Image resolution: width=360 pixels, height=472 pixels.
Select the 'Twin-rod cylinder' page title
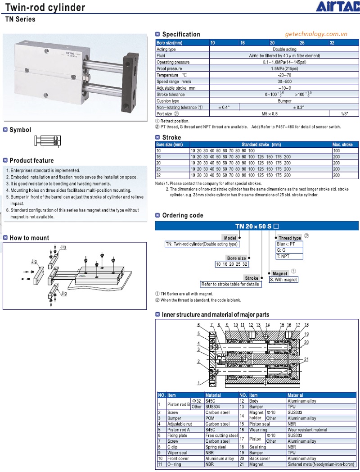[45, 8]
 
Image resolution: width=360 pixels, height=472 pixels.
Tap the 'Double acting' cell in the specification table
[284, 49]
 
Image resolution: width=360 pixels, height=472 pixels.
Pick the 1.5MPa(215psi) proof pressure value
[284, 68]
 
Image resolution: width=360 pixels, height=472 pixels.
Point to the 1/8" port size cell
[344, 114]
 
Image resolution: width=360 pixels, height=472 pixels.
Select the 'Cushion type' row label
[168, 101]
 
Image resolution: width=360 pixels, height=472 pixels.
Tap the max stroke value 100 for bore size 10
[336, 150]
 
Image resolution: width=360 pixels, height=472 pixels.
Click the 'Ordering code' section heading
[183, 215]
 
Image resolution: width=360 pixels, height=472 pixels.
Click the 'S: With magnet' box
[283, 280]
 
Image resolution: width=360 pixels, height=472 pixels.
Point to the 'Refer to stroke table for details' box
[230, 284]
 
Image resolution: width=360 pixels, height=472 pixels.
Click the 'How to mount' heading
[29, 238]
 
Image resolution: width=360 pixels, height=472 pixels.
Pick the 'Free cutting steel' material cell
[221, 436]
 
